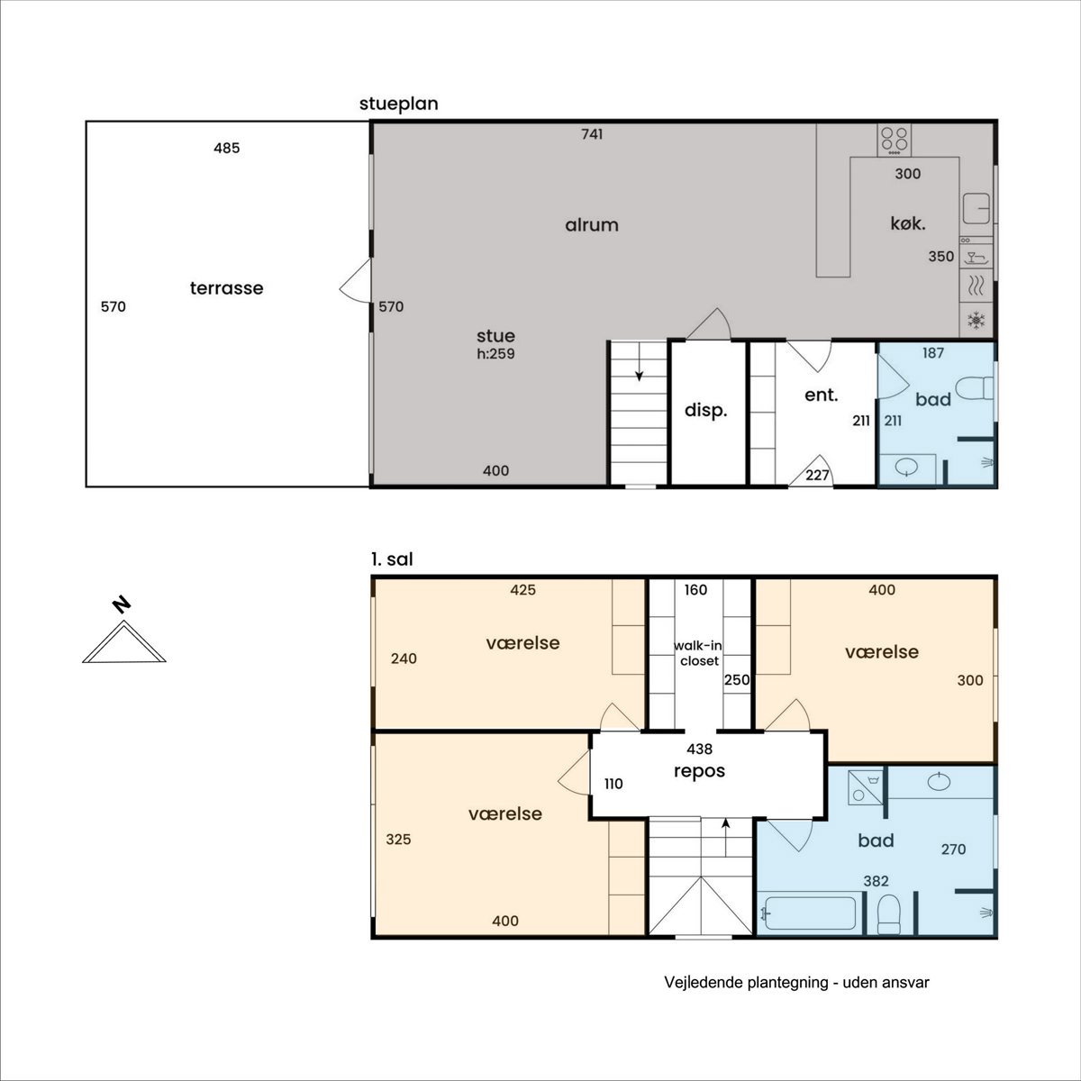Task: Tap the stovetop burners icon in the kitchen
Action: point(895,141)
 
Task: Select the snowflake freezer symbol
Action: point(977,321)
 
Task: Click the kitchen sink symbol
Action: point(977,208)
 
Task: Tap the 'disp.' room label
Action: point(705,411)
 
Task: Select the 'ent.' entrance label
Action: point(822,395)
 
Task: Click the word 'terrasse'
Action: point(227,288)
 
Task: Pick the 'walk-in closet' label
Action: point(699,653)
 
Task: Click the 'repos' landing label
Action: point(700,772)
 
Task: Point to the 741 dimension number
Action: point(592,134)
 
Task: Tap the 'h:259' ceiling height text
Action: point(495,354)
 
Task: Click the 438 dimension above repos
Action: point(700,749)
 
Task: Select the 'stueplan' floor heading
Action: point(399,104)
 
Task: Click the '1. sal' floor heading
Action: point(392,559)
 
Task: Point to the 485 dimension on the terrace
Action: point(227,148)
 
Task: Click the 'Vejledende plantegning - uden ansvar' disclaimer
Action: point(796,983)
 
